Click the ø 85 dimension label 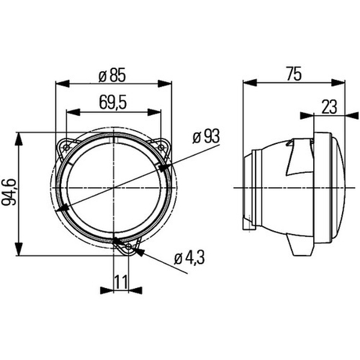point(112,75)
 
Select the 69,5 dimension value point(113,103)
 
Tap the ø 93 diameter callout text point(206,137)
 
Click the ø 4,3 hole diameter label point(190,258)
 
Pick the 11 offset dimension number point(121,282)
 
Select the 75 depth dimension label point(294,74)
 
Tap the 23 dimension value point(329,107)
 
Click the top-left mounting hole point(67,148)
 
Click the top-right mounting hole point(161,148)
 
